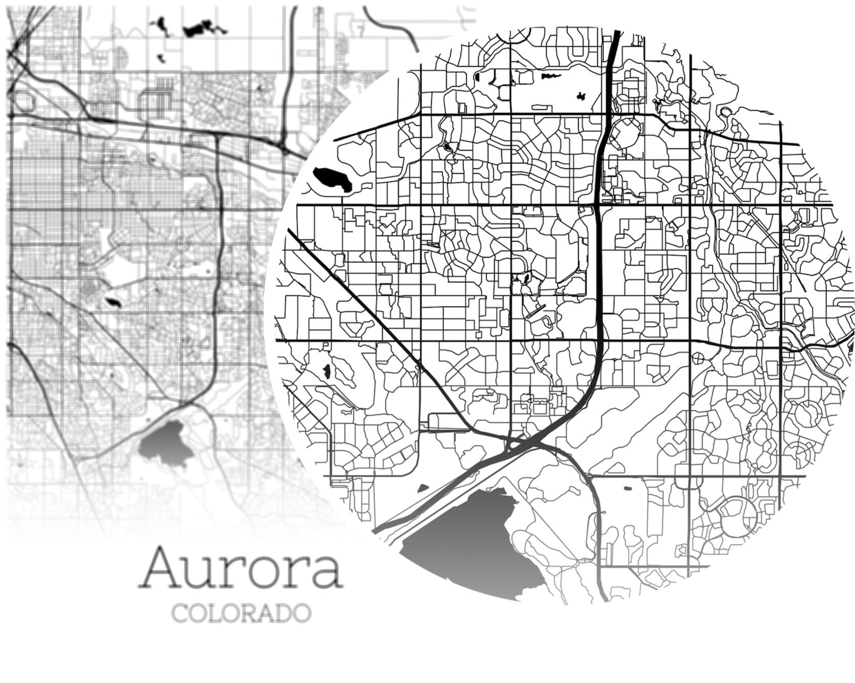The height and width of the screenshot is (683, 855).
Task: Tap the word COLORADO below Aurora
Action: [x=241, y=613]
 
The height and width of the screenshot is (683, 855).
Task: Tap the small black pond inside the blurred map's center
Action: [x=114, y=302]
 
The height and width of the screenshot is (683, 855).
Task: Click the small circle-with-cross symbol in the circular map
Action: [x=698, y=357]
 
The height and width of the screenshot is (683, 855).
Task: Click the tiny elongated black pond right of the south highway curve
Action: [x=627, y=488]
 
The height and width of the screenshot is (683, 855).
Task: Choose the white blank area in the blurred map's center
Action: [x=129, y=269]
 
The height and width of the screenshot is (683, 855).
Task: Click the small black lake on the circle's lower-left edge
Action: [x=327, y=371]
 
